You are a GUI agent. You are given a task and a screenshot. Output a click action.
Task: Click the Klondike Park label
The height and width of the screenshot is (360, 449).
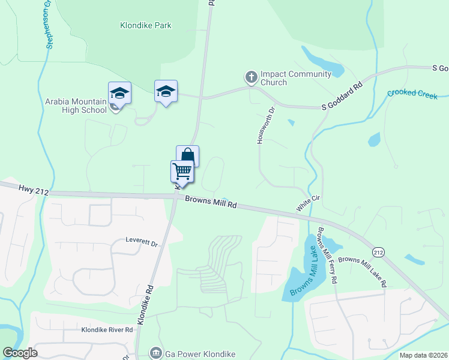(145, 25)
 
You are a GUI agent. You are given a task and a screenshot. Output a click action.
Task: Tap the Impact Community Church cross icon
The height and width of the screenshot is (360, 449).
(251, 77)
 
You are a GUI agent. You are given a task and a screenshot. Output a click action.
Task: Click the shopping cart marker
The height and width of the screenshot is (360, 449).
(182, 171)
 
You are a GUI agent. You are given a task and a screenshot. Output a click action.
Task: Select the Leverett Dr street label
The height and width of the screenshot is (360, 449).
(141, 243)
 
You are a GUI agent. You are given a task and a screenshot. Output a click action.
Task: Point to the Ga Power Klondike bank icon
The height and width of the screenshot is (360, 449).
(156, 352)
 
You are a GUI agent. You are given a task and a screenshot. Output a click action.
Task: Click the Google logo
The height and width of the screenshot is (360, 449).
(20, 353)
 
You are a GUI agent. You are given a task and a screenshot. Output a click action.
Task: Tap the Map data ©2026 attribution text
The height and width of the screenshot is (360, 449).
(423, 355)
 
